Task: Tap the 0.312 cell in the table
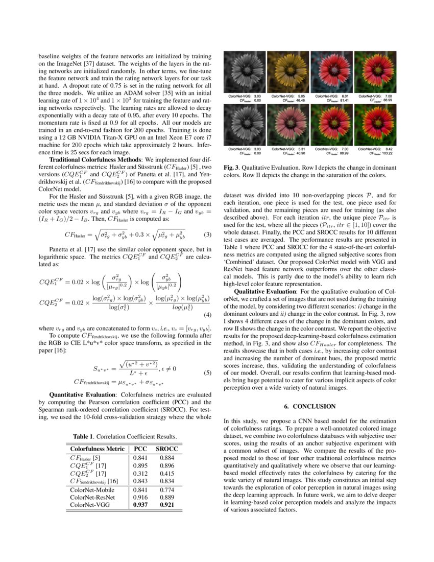tap(140, 474)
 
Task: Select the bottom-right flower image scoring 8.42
tap(375, 125)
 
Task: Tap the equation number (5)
tap(207, 372)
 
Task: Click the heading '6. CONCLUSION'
tap(310, 406)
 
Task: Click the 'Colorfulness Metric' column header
tap(97, 449)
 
